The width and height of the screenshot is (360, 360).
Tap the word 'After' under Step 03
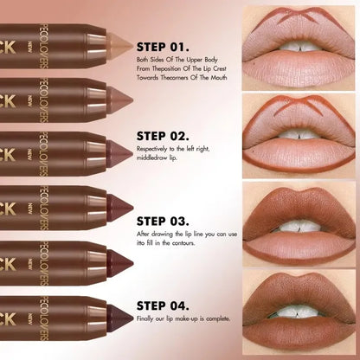pyautogui.click(x=144, y=234)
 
